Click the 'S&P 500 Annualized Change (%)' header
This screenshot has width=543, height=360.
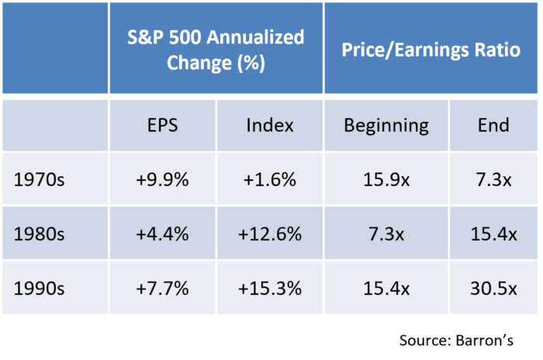coord(216,50)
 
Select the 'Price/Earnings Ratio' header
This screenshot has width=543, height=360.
coord(431,50)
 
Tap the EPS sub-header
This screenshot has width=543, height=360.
coord(162,125)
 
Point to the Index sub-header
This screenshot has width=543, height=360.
coord(270,125)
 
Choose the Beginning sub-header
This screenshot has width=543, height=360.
coord(386,126)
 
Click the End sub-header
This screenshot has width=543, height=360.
coord(493,125)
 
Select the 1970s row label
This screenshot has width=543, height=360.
coord(39,180)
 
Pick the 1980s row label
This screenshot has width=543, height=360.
coord(39,234)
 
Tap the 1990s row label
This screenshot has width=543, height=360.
coord(39,289)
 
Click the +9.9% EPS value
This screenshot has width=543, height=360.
coord(162,180)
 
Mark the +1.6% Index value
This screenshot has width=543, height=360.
coord(270,180)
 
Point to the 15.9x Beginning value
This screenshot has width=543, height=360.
coord(386,180)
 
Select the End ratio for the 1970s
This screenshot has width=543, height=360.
coord(493,180)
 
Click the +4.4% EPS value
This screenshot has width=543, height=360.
coord(162,234)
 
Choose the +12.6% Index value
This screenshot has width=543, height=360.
coord(270,234)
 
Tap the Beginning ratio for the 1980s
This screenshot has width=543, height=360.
coord(386,234)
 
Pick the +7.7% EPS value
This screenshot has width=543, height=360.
coord(162,289)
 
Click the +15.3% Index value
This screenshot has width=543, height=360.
coord(270,289)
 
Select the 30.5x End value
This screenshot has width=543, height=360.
coord(493,289)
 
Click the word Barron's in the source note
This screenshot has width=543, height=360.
coord(485,341)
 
